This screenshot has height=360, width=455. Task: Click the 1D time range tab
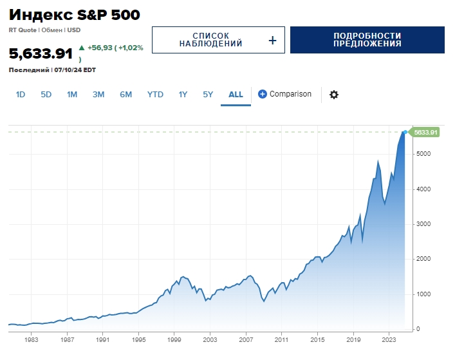21,94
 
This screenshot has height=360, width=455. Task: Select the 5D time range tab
46,94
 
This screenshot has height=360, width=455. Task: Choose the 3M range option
98,94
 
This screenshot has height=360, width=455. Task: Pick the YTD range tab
155,94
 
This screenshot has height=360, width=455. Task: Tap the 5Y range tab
208,94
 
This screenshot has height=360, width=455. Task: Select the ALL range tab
236,94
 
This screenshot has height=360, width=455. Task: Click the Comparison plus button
263,94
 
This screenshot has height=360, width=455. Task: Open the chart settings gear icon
334,95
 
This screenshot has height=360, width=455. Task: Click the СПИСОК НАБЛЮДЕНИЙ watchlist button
218,40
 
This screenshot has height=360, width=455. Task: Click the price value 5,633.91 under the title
41,53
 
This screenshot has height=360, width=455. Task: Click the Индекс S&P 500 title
75,15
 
